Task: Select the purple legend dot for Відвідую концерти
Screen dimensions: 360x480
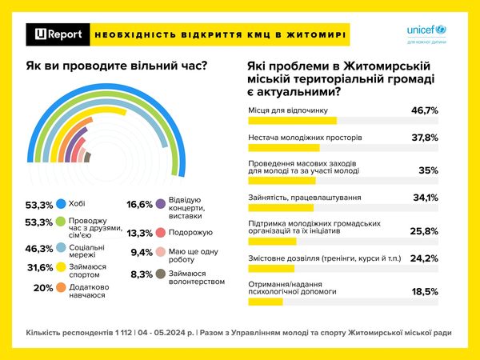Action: [x=161, y=206]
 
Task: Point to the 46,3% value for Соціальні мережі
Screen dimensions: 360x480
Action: [x=38, y=250]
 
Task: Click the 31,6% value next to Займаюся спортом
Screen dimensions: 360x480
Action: [x=38, y=267]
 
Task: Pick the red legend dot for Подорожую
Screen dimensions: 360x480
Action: [x=161, y=233]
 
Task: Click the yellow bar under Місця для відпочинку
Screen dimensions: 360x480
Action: [x=292, y=121]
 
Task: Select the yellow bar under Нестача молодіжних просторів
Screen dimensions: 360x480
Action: [x=283, y=147]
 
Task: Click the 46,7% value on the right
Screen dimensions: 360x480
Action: [x=424, y=111]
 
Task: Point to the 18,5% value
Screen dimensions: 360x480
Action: [x=424, y=292]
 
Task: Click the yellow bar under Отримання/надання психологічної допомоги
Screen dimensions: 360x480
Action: [x=266, y=302]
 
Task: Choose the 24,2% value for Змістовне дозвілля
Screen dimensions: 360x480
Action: [x=424, y=258]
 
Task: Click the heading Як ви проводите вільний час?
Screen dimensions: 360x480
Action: [x=115, y=65]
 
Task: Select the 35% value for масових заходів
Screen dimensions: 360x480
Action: [x=429, y=170]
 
